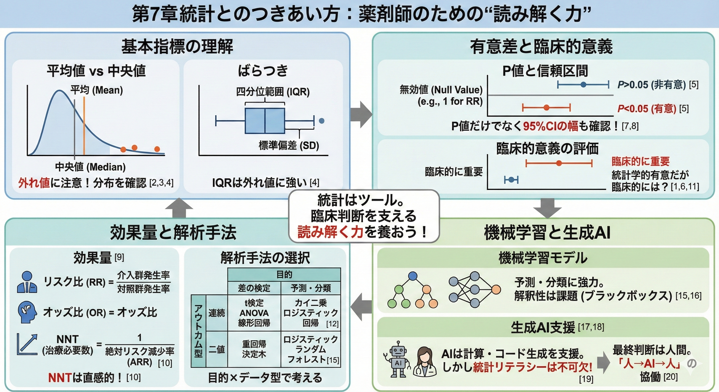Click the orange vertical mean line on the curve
[x=84, y=126]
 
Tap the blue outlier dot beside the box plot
[x=321, y=121]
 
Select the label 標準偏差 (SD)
[x=289, y=145]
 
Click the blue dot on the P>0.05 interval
[x=583, y=84]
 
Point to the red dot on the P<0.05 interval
[x=546, y=107]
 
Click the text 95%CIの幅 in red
[x=550, y=126]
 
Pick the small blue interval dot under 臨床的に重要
[x=511, y=180]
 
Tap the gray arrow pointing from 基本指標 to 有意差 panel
[x=361, y=114]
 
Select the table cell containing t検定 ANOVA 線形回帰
[x=254, y=313]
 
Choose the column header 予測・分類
[x=310, y=288]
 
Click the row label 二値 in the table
[x=217, y=349]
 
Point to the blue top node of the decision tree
[x=413, y=276]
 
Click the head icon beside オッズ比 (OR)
[x=27, y=312]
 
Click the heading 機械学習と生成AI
[x=547, y=233]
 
